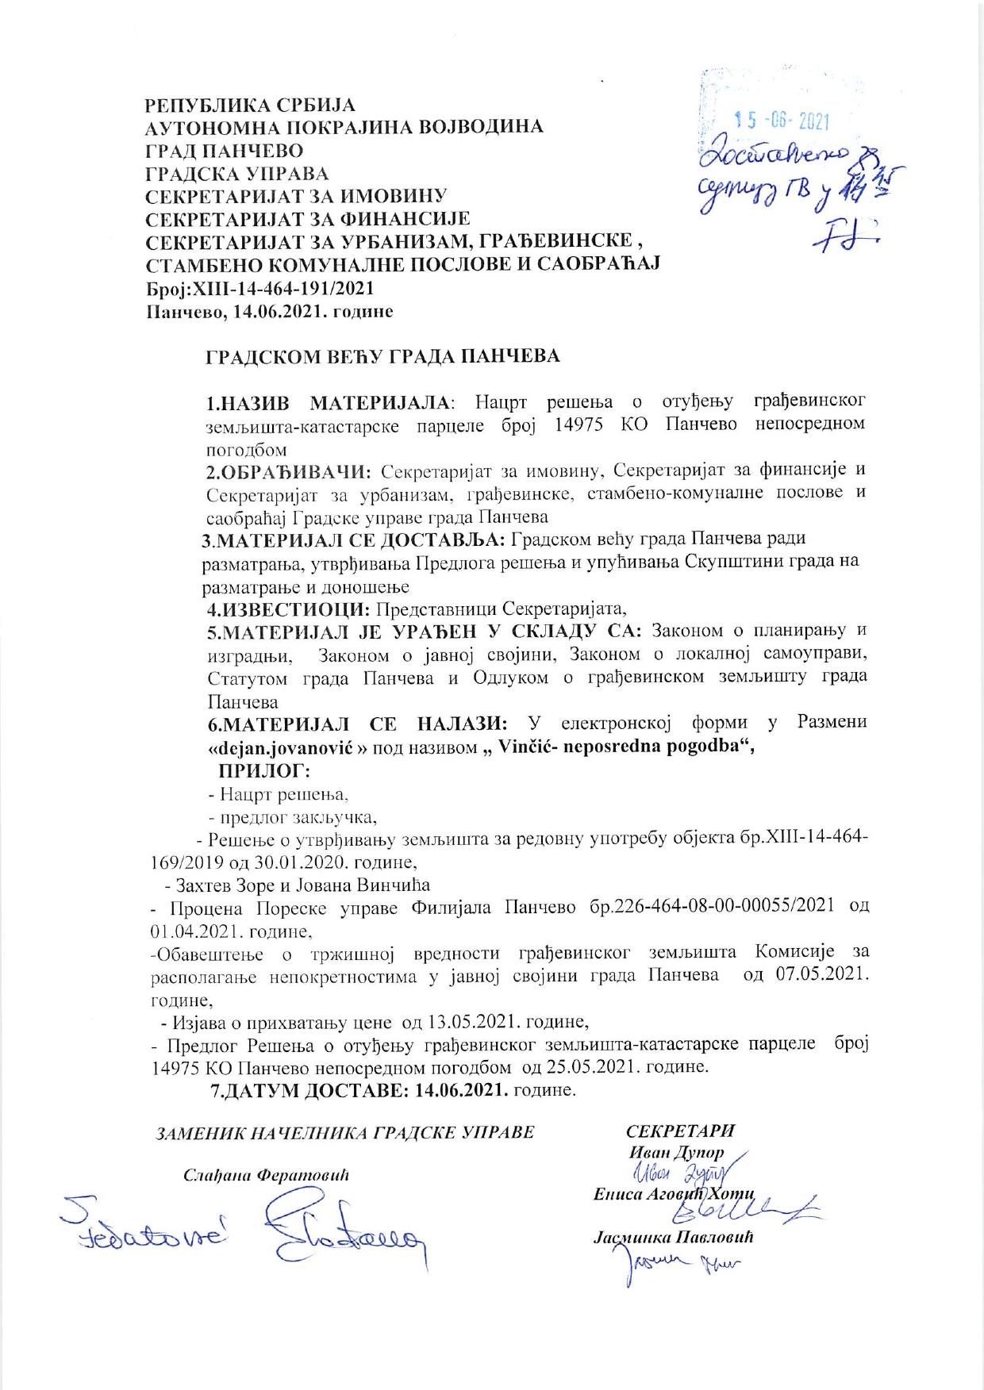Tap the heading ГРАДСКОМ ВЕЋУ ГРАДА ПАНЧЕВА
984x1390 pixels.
tap(382, 356)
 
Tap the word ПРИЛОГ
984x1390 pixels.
tap(263, 770)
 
